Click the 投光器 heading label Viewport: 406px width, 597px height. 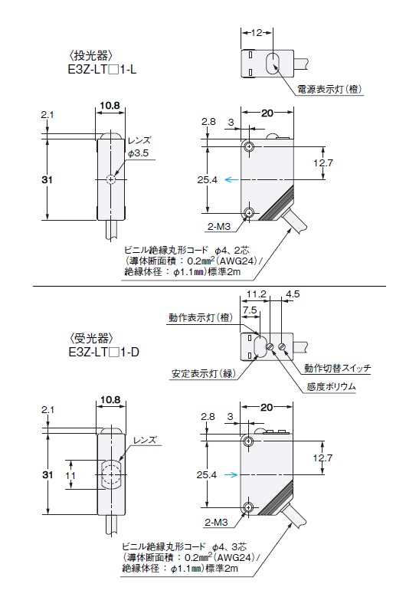point(91,56)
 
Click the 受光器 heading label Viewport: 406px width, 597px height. point(92,338)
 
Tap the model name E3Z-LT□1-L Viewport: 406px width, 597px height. point(102,71)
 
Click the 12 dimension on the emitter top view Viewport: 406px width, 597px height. point(257,33)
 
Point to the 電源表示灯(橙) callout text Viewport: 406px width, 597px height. point(330,89)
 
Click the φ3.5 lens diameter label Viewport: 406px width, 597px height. point(139,153)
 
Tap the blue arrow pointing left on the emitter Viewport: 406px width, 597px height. point(231,179)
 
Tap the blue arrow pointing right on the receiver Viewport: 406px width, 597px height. point(231,474)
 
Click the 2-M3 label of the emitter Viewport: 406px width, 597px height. point(219,227)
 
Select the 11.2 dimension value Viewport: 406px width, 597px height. point(257,294)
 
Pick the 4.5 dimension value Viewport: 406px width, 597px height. point(293,294)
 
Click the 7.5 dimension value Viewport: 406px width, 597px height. point(250,310)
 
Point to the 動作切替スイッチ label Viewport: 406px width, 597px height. point(338,368)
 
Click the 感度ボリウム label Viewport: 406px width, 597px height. point(332,386)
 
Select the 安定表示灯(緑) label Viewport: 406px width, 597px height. point(204,373)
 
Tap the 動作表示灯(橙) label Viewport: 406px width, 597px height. point(201,317)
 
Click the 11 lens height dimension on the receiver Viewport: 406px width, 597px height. point(70,475)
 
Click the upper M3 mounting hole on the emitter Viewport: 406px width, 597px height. point(249,146)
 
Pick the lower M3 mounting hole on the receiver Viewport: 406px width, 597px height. point(249,507)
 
